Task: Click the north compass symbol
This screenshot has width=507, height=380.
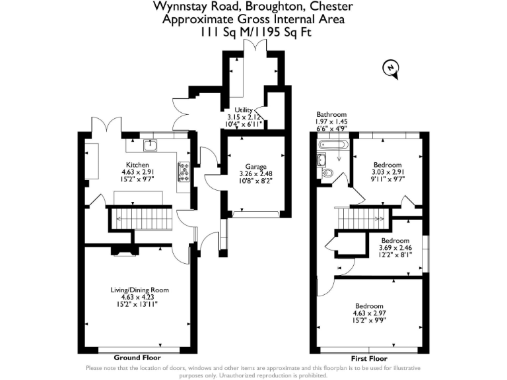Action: pyautogui.click(x=391, y=68)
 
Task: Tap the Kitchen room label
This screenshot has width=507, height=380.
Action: pyautogui.click(x=137, y=164)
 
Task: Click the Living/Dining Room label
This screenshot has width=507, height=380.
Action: pyautogui.click(x=139, y=290)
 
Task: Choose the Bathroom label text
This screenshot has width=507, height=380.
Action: pyautogui.click(x=331, y=114)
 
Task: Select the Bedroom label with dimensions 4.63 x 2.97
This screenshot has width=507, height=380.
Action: pyautogui.click(x=369, y=306)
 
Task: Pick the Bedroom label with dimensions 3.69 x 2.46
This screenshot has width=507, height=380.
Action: pyautogui.click(x=395, y=241)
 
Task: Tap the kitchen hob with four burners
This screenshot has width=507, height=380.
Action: pyautogui.click(x=183, y=172)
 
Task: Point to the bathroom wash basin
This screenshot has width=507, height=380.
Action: pyautogui.click(x=321, y=159)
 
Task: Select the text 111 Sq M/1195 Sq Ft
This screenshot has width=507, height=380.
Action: pyautogui.click(x=253, y=31)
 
